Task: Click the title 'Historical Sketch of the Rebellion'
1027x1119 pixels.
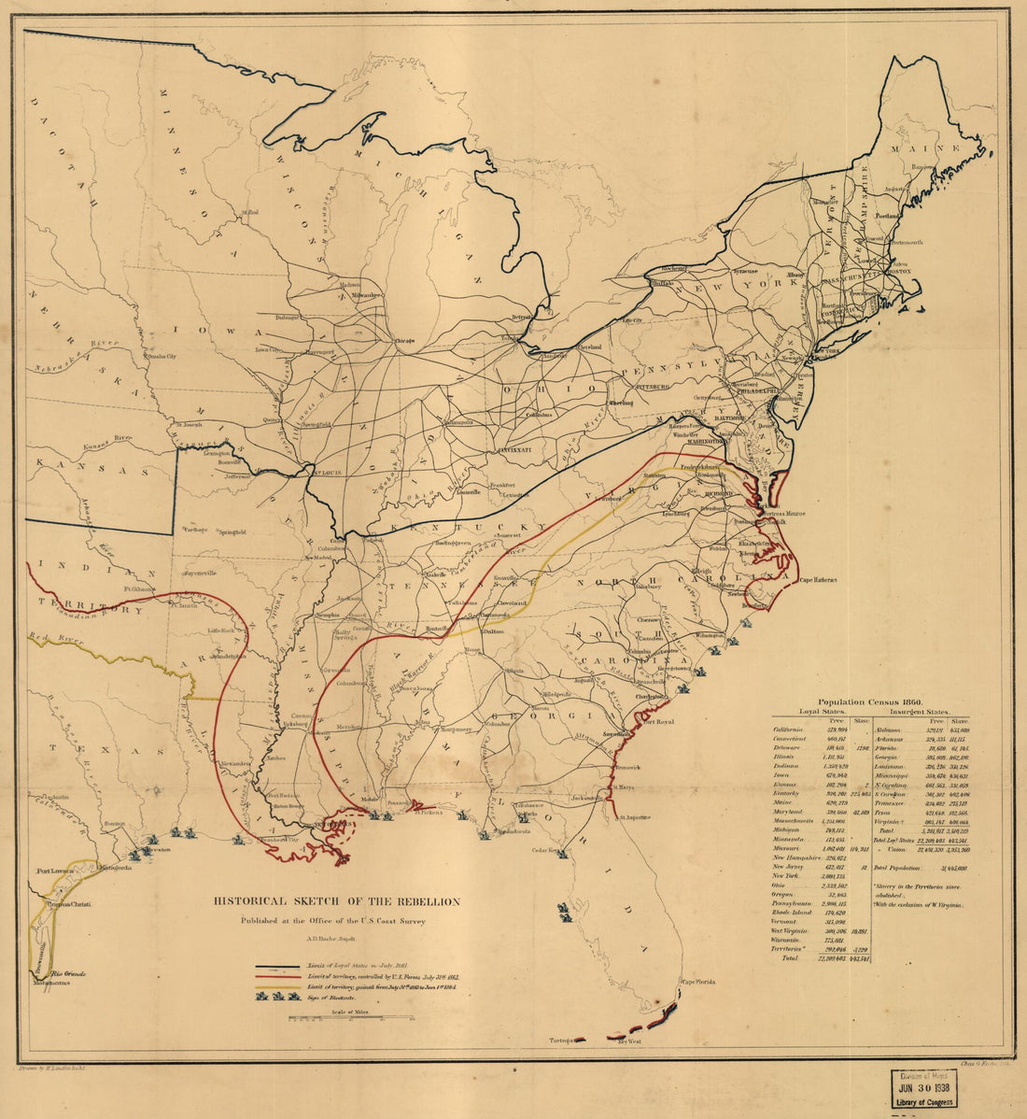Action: coord(337,901)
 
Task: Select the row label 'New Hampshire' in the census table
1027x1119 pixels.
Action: coord(796,857)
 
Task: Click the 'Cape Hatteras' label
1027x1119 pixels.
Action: coord(817,580)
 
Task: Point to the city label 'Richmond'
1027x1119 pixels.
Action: coord(721,492)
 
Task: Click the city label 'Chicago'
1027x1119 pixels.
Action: coord(403,341)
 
